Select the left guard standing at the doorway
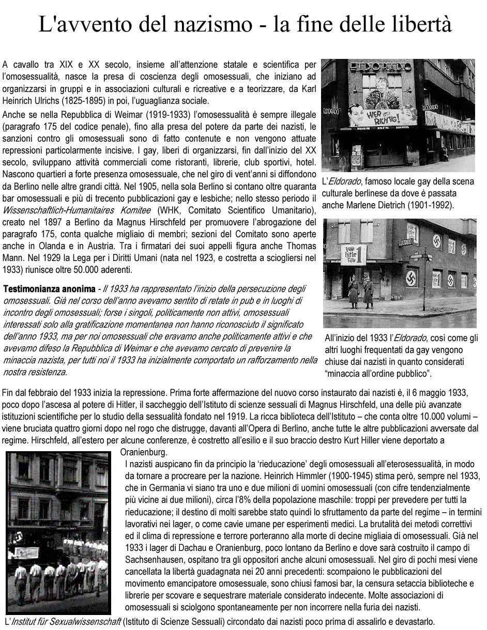354,293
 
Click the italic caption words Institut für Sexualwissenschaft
65,621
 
